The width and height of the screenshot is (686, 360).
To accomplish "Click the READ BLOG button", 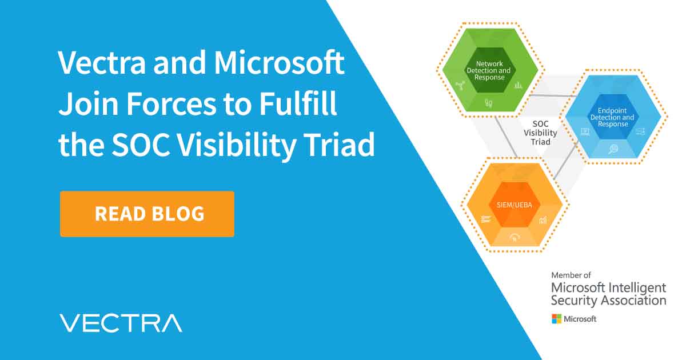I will (x=147, y=214).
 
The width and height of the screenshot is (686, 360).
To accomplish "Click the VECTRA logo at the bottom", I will (x=121, y=323).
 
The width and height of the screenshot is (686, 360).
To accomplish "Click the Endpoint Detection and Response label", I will (x=612, y=117).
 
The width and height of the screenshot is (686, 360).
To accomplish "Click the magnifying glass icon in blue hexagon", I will (x=613, y=149).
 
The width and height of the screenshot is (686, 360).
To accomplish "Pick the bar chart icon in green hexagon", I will (x=519, y=85).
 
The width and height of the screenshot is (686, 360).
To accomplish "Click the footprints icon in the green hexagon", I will (x=489, y=103).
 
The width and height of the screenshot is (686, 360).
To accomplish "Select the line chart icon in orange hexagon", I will (x=543, y=219).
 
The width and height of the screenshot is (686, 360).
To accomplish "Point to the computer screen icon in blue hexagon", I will (x=585, y=132).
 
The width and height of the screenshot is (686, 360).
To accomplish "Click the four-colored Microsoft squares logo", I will (x=556, y=319).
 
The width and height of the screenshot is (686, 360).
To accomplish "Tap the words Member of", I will (x=572, y=275).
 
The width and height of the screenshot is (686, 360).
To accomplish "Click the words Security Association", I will (x=608, y=300).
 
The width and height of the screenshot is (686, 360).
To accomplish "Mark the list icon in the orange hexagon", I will (x=486, y=219).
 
